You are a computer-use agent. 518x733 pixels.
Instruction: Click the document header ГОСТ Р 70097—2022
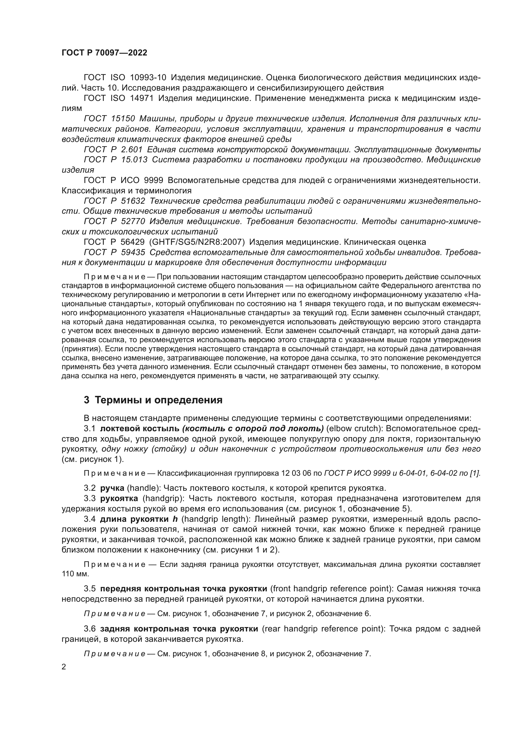pyautogui.click(x=105, y=53)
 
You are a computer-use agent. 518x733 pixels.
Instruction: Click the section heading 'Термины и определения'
pyautogui.click(x=158, y=400)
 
